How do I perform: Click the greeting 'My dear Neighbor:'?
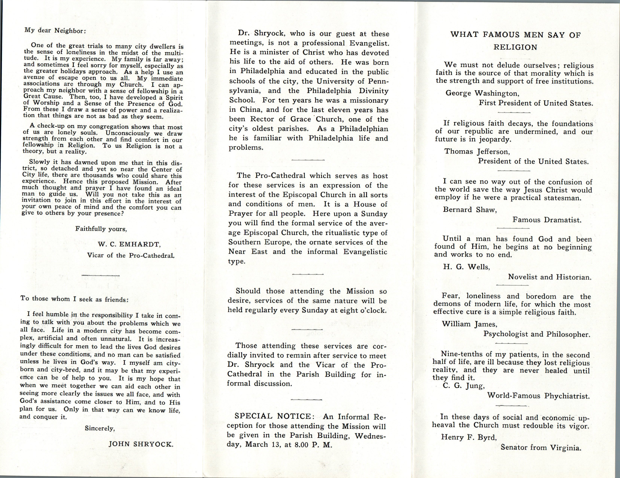coord(55,30)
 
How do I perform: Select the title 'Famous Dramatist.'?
coord(547,220)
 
